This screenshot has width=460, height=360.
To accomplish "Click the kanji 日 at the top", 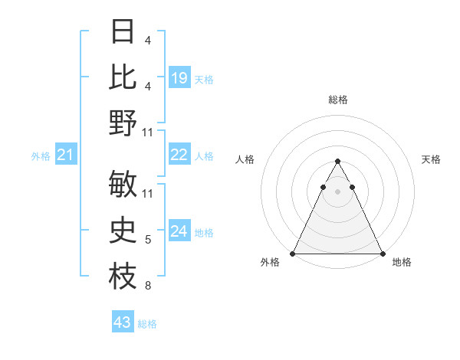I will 123,31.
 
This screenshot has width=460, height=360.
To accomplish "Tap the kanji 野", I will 123,123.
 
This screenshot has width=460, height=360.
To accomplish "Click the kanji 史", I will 123,231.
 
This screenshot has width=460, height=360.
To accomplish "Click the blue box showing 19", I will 179,78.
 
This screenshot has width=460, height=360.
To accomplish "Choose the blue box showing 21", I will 65,155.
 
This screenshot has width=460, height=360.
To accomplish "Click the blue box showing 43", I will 123,322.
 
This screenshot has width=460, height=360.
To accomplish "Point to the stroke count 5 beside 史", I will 147,241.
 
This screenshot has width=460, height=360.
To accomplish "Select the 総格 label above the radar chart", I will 337,100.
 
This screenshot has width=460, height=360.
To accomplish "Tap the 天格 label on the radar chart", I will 431,159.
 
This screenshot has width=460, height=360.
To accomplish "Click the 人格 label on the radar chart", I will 245,159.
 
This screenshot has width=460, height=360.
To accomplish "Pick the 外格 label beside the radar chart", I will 270,263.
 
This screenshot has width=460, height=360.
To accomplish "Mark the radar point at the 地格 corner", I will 383,254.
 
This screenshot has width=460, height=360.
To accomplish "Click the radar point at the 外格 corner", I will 293,254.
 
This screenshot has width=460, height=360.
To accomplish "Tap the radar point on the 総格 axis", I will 337,161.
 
